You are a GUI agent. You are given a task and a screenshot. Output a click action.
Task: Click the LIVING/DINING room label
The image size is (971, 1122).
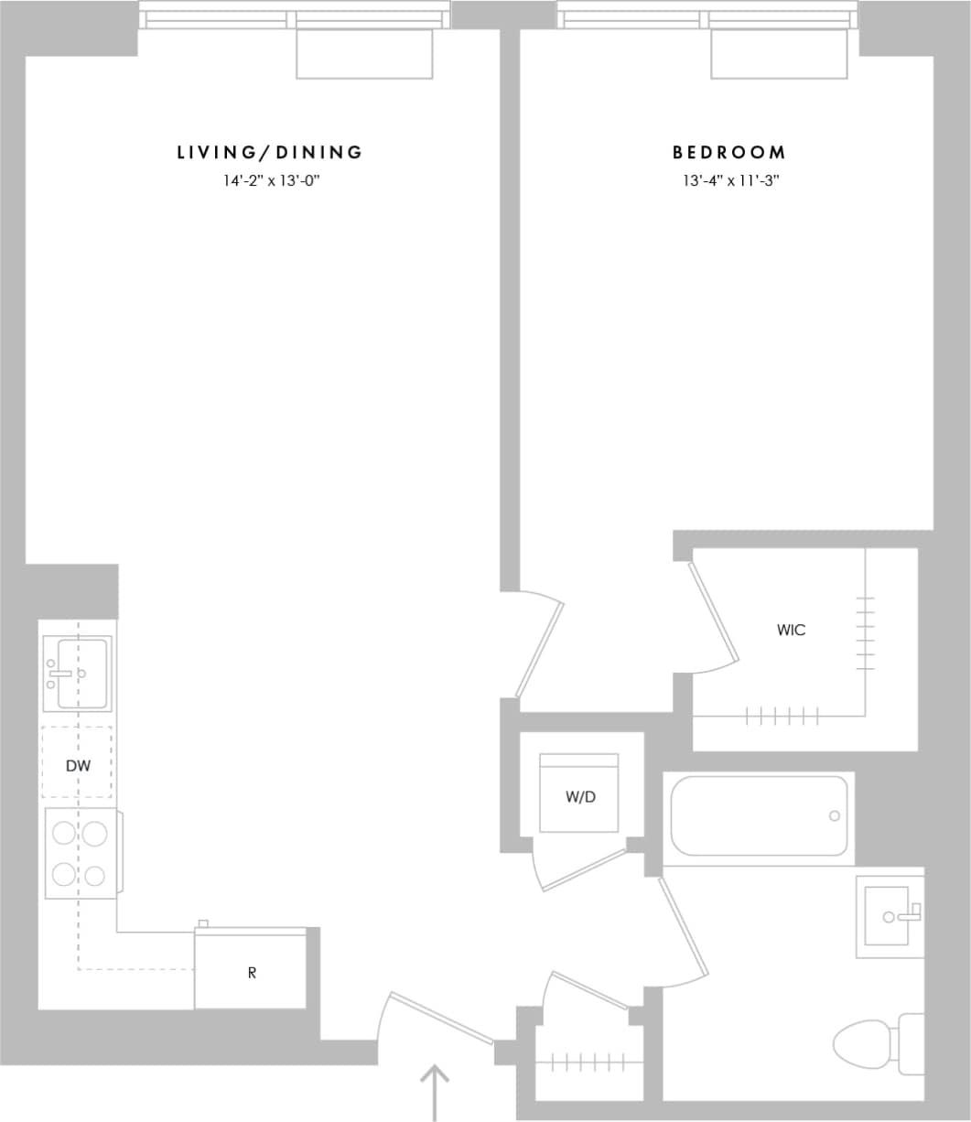(270, 153)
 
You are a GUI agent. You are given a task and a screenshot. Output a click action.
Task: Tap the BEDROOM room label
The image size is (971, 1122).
(728, 153)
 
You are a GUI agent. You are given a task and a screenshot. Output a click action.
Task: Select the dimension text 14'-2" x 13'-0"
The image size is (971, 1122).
(270, 181)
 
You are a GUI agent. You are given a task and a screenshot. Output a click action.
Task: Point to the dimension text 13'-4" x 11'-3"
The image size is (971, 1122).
(729, 181)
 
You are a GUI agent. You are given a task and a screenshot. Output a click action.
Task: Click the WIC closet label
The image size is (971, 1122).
(791, 631)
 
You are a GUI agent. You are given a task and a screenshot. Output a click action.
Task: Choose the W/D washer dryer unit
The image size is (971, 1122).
(578, 793)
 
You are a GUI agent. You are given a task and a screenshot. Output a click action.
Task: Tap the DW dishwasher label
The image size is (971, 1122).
(78, 766)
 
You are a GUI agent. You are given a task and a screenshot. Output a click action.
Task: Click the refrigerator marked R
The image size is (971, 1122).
(251, 972)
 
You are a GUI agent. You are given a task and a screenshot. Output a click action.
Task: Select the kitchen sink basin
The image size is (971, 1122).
(81, 674)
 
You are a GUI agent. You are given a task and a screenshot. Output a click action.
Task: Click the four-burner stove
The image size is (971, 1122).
(81, 853)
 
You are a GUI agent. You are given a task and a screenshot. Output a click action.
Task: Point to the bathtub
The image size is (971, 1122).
(759, 815)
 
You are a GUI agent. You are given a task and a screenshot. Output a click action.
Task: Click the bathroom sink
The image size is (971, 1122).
(888, 915)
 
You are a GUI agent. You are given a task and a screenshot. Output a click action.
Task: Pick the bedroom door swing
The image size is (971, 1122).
(539, 649)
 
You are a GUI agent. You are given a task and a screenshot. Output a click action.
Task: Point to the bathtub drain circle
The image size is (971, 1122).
(834, 815)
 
